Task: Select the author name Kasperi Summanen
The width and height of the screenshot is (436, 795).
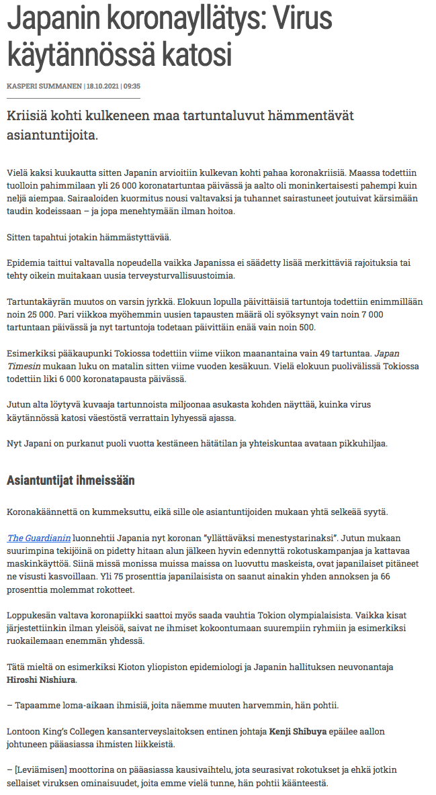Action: pos(44,86)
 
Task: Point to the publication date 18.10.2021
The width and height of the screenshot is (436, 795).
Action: pos(102,86)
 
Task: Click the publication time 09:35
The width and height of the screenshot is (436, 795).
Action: pos(132,86)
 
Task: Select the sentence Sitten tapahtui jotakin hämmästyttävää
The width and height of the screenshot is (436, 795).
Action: pos(89,237)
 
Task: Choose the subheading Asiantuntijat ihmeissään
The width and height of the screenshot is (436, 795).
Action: pos(71,480)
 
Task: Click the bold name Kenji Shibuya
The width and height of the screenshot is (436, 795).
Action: pos(298,731)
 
